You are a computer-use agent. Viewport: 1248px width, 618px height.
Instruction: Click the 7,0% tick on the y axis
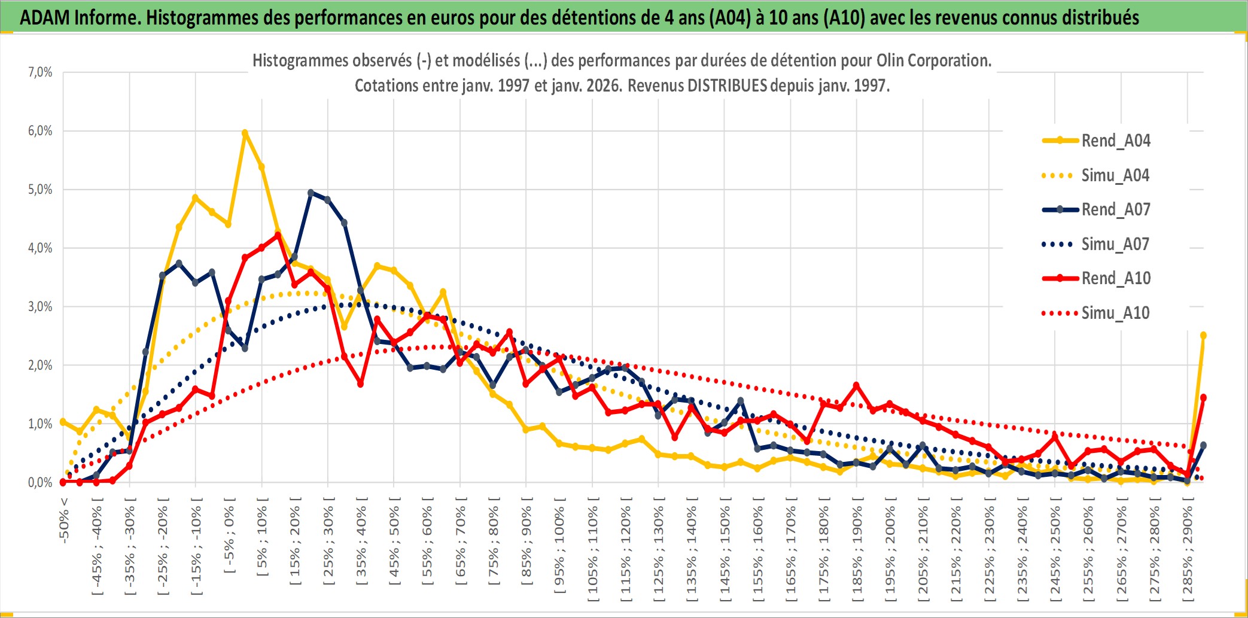tap(40, 72)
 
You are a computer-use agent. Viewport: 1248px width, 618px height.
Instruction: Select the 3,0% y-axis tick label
tap(40, 307)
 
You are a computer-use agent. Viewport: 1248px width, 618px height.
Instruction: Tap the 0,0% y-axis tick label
tap(40, 483)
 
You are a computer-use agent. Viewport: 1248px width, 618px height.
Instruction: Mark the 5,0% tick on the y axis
tap(40, 190)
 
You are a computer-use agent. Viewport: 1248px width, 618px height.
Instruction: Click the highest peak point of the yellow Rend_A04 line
tap(245, 133)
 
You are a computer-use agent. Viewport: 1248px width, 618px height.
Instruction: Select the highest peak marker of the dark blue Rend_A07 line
tap(311, 193)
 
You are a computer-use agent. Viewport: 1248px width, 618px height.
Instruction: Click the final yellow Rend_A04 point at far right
tap(1203, 335)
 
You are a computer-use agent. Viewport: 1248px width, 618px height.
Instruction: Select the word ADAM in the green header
tap(45, 17)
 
